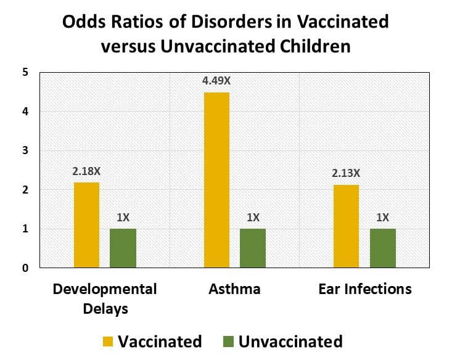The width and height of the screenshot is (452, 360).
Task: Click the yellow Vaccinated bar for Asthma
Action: pos(216,180)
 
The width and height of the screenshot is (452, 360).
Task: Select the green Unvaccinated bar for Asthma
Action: pos(252,248)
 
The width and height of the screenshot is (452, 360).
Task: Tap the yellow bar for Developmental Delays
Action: pos(86,225)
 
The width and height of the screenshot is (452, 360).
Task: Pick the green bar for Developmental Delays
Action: pos(123,248)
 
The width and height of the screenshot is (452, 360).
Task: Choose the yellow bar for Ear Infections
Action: pos(346,226)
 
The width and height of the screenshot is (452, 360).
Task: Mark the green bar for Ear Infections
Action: pos(382,248)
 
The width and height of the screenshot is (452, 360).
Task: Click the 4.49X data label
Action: pos(216,80)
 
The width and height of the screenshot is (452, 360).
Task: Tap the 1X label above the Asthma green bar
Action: pos(252,216)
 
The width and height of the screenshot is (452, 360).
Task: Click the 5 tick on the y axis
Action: pos(25,72)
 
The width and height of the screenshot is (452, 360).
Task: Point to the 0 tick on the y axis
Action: pos(25,268)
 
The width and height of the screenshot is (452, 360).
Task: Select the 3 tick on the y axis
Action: pos(25,150)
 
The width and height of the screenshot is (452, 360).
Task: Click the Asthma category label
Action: pos(234,289)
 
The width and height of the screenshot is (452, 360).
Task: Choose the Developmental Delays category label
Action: pos(104,298)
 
